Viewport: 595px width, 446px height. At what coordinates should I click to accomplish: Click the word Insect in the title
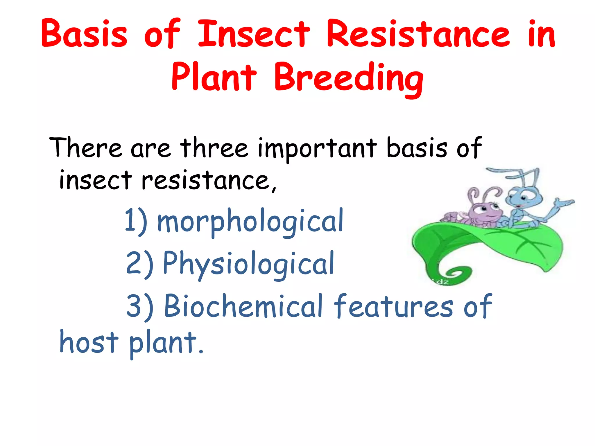[254, 34]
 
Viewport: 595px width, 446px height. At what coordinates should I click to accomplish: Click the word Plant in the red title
[214, 77]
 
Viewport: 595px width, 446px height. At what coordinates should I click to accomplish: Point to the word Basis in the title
[84, 34]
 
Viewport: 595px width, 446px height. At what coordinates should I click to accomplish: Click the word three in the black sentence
[214, 148]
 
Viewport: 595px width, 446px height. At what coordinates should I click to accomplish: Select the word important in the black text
[317, 150]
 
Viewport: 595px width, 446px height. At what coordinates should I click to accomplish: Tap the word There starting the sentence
[86, 148]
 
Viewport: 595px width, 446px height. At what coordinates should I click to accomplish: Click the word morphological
[250, 222]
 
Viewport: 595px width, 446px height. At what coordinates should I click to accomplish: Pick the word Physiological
[248, 264]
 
